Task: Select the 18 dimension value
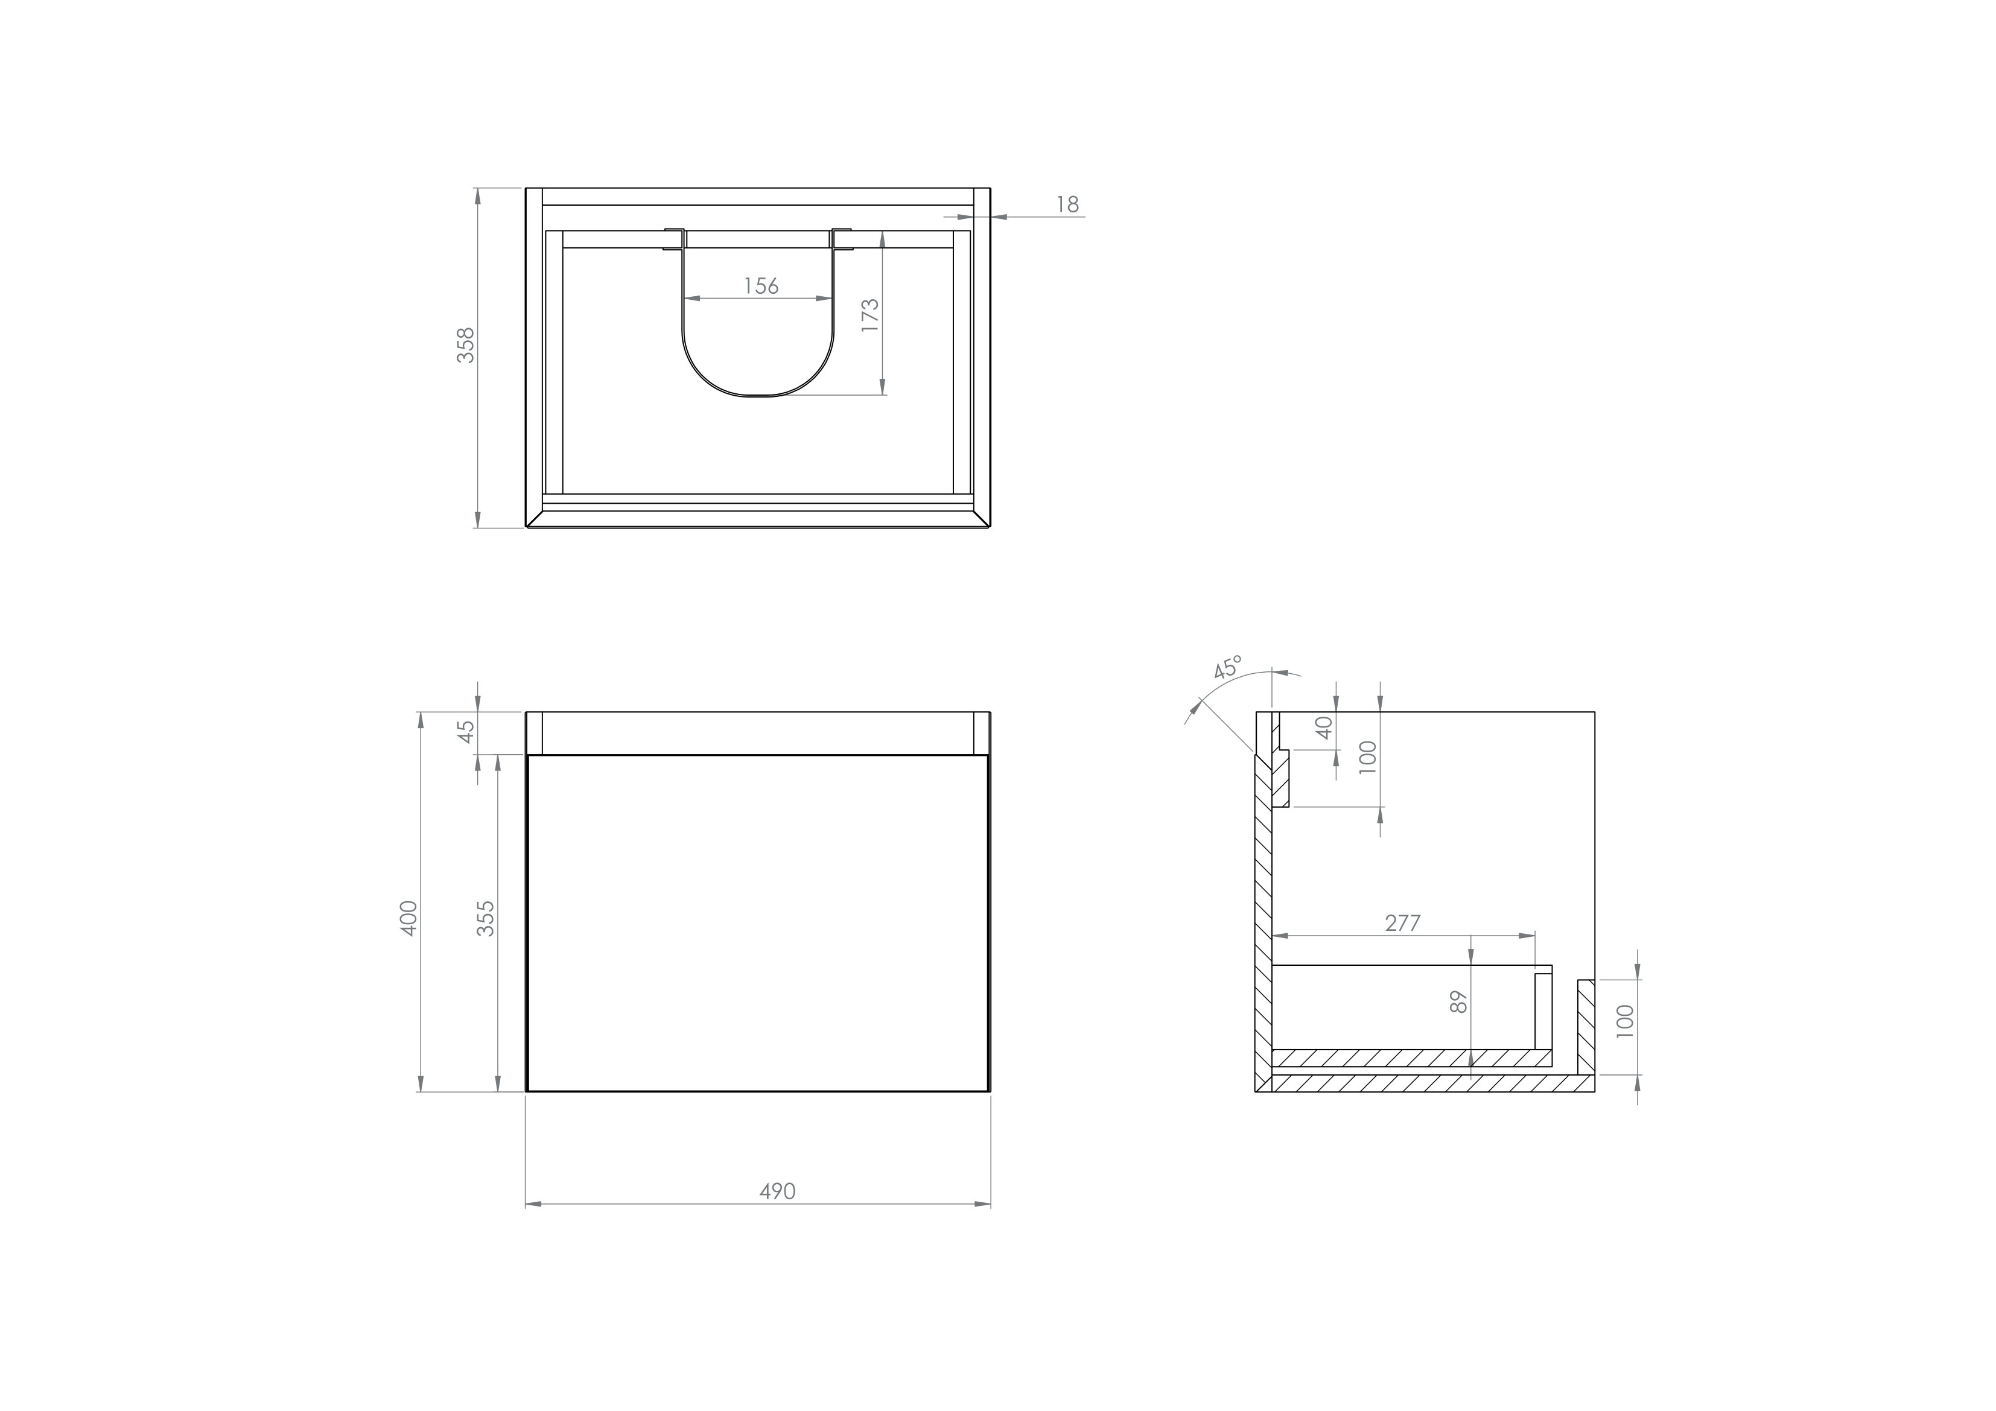point(1067,205)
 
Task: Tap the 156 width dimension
point(761,285)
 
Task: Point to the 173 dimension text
point(870,315)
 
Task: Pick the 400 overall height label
point(408,918)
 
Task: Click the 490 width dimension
point(777,1191)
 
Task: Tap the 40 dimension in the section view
point(1324,728)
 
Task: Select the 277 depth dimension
point(1402,924)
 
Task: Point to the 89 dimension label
point(1459,1003)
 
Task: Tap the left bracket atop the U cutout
point(675,238)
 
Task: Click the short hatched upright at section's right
point(1586,1026)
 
